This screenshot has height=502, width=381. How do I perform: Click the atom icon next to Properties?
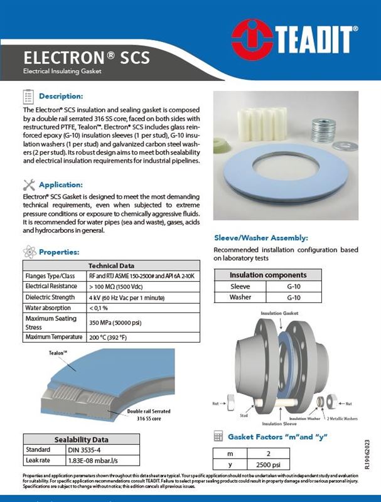28,252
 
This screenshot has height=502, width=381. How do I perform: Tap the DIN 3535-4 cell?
85,450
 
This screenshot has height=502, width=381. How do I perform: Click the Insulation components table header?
267,275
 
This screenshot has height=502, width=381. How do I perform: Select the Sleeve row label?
240,286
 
